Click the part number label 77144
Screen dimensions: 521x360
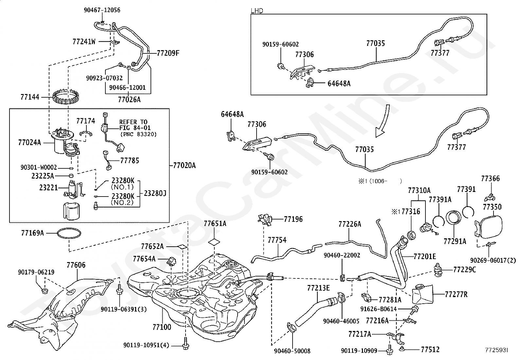tap(30, 97)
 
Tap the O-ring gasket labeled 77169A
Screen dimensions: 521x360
tap(69, 233)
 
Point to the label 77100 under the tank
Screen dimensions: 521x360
tap(162, 327)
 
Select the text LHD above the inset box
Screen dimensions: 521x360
tap(257, 11)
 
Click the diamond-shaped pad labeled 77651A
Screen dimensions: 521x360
tap(214, 242)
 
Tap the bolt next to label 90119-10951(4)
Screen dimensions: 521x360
tap(185, 344)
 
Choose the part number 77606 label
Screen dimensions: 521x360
tap(76, 265)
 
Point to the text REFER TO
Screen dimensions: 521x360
tap(133, 122)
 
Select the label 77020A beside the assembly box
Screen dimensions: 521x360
tap(185, 165)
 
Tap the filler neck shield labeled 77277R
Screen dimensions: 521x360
tap(422, 294)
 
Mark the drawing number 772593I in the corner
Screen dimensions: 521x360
tap(496, 350)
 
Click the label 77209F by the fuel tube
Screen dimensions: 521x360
tap(168, 53)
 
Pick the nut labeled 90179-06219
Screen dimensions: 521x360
tap(44, 291)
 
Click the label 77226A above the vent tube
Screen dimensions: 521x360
tap(350, 224)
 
